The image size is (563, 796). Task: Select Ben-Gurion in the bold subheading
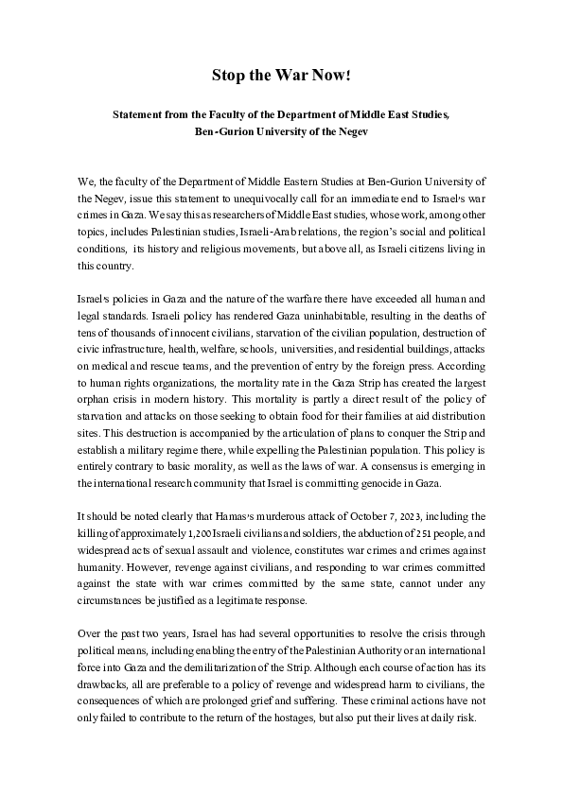click(x=223, y=131)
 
